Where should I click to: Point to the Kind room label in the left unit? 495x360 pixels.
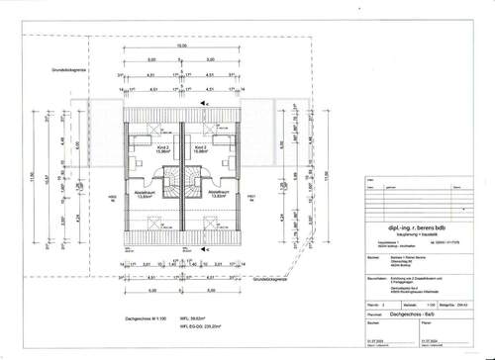tap(144, 148)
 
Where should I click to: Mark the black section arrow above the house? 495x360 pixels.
tap(203, 103)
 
